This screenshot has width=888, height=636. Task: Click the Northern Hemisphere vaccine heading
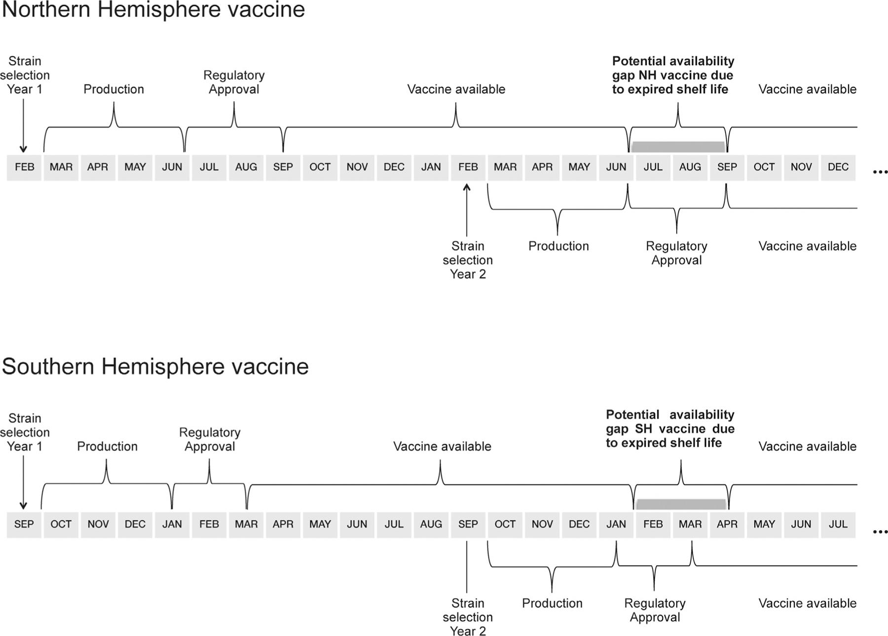(x=153, y=10)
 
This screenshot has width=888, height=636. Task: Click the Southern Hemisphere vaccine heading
(x=155, y=366)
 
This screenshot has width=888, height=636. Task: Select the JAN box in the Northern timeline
(x=431, y=167)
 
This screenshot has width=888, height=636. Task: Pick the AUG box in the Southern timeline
(x=431, y=524)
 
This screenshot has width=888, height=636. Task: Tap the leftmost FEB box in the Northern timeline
(x=24, y=167)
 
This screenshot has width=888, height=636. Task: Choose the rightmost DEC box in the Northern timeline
(x=838, y=167)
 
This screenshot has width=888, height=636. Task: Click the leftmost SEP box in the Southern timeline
(x=24, y=524)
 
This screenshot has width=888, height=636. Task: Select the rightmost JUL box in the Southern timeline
(x=838, y=524)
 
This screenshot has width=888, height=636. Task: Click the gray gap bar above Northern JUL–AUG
(x=678, y=146)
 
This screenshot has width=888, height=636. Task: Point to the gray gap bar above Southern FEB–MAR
(x=681, y=504)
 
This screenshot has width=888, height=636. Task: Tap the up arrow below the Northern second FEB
(x=467, y=210)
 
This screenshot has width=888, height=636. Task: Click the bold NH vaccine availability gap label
(x=673, y=75)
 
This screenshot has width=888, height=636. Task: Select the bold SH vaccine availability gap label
(x=670, y=428)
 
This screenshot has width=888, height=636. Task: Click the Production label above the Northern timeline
(x=113, y=89)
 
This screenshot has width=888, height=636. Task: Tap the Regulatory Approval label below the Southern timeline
(x=655, y=610)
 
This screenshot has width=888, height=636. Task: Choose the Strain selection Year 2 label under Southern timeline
(x=468, y=617)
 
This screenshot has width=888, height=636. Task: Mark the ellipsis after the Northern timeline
(x=880, y=172)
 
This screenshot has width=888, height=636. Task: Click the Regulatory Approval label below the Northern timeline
(x=676, y=253)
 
